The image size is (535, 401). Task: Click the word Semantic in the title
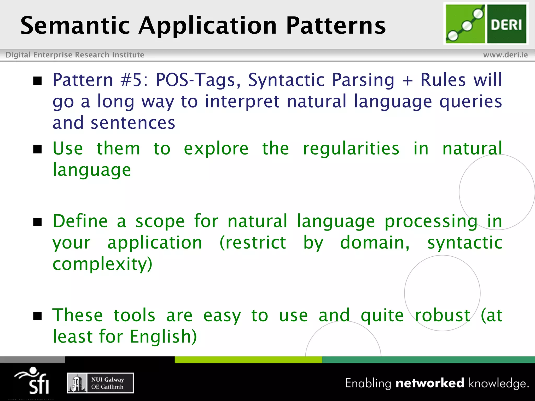pos(75,25)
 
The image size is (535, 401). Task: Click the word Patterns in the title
pos(336,25)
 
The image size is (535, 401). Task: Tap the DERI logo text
pos(506,25)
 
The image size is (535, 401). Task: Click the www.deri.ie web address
pos(505,55)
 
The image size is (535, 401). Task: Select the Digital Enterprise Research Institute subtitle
pos(75,55)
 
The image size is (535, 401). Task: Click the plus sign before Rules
pos(407,80)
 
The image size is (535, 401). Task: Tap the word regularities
pos(351,148)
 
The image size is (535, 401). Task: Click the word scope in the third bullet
pos(160,222)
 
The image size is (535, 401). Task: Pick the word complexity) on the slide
pos(102,264)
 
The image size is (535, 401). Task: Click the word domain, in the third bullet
pos(375,243)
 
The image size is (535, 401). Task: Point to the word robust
pos(442,315)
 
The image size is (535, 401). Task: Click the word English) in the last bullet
pos(163,337)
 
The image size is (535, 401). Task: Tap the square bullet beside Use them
pos(38,149)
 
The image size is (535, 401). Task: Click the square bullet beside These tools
pos(38,316)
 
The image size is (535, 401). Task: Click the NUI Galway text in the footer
pos(107,380)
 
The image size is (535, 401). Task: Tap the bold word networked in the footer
pos(430,383)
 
